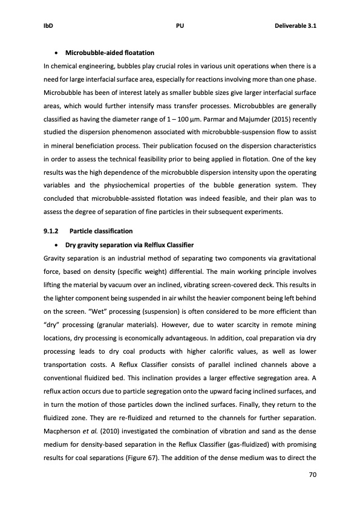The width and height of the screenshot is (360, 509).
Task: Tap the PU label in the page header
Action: (180, 27)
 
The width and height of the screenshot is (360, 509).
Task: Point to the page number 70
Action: (313, 475)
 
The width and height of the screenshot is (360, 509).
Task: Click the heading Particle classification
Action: (101, 231)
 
